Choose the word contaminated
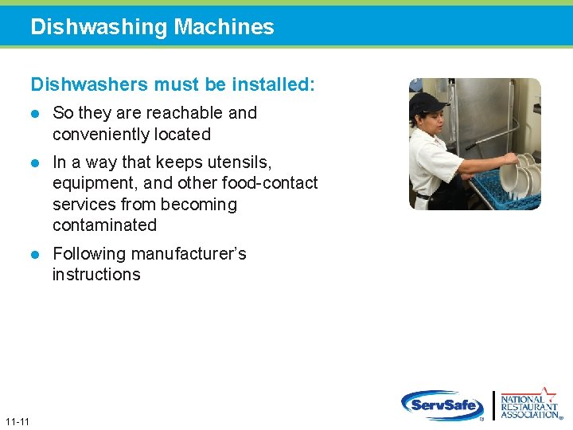[x=104, y=225]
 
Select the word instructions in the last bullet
[x=96, y=274]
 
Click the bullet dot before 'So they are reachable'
[x=35, y=114]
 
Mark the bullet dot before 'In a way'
[x=35, y=163]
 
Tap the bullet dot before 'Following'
[x=35, y=254]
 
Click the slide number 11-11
[x=17, y=420]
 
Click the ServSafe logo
[x=442, y=405]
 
